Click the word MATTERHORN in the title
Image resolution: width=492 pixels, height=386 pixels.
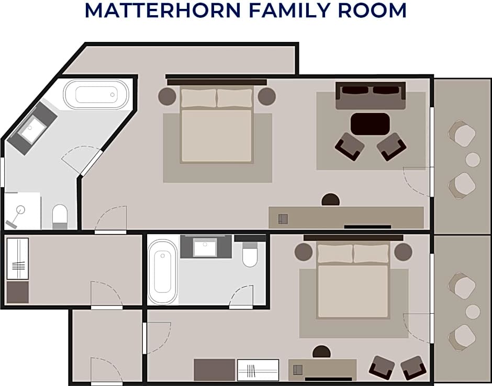(163, 10)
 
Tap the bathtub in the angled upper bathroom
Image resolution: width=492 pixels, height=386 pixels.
(96, 94)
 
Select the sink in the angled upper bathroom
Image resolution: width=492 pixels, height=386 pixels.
(32, 128)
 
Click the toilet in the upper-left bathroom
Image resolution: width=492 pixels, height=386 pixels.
(60, 217)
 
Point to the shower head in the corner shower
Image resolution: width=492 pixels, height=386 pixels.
(20, 209)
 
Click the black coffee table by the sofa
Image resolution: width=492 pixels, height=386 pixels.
(370, 124)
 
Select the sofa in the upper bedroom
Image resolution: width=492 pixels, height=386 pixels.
(371, 96)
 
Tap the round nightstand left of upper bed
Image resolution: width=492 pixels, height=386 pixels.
(167, 96)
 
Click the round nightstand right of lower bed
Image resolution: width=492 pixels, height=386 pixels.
(403, 252)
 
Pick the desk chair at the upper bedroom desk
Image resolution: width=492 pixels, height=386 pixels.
(331, 200)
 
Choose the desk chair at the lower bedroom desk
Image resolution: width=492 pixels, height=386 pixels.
(321, 352)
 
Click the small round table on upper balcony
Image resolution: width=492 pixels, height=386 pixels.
(473, 160)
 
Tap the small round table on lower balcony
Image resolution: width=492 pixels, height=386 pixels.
(473, 312)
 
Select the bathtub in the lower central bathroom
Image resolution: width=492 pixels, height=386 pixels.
(163, 272)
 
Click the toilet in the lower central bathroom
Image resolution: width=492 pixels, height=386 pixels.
(250, 254)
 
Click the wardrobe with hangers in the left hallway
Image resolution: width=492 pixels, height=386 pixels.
(18, 259)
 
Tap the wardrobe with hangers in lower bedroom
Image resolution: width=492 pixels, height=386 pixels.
(258, 370)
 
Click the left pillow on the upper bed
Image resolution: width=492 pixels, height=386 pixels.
(199, 98)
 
